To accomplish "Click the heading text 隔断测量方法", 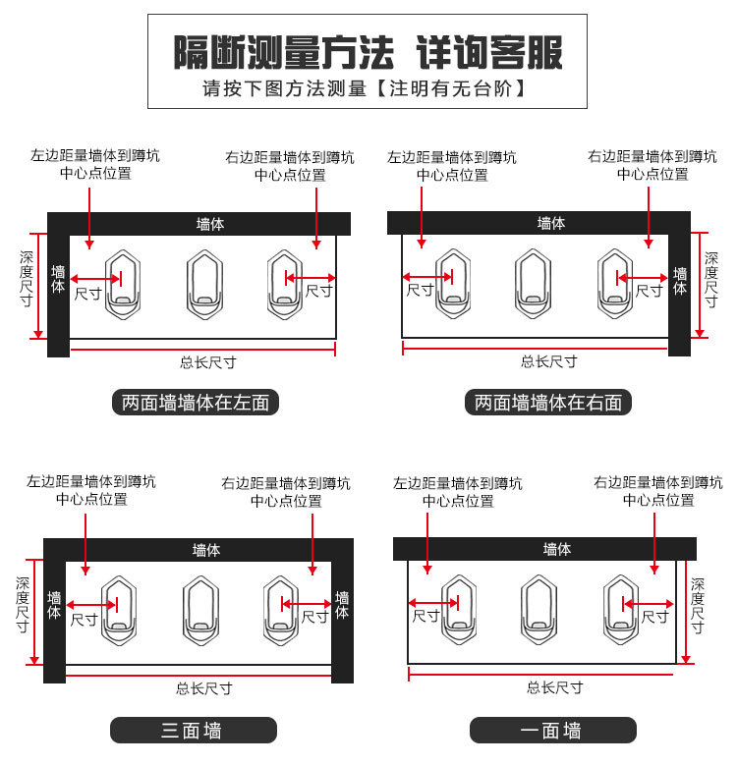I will (x=284, y=51).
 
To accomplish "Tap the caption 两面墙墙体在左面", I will (x=195, y=402).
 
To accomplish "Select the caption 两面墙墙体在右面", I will (x=548, y=402).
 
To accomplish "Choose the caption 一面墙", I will (x=552, y=730).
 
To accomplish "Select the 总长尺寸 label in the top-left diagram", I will (x=207, y=361).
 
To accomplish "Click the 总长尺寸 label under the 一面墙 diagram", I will (x=554, y=687).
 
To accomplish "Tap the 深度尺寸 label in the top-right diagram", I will (x=710, y=280).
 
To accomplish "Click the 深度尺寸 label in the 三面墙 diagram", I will (x=23, y=605).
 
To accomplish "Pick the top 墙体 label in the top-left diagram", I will (x=210, y=223).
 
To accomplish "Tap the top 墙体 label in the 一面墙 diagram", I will (x=557, y=549).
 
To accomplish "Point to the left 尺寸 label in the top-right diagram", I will (x=420, y=291).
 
